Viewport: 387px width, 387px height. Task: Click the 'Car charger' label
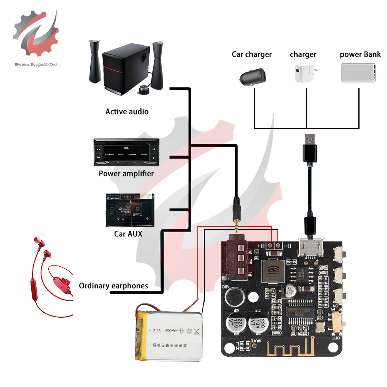(x=252, y=54)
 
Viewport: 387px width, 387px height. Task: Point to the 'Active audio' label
(x=127, y=111)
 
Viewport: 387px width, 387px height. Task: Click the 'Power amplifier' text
(x=126, y=173)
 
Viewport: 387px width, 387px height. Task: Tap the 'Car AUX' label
(x=128, y=234)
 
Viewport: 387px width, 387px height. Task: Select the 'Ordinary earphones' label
(x=113, y=286)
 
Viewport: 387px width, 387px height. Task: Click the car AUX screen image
(x=130, y=210)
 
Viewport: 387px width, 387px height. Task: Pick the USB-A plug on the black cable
(x=310, y=149)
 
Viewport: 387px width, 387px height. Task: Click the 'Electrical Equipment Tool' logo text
(x=36, y=64)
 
